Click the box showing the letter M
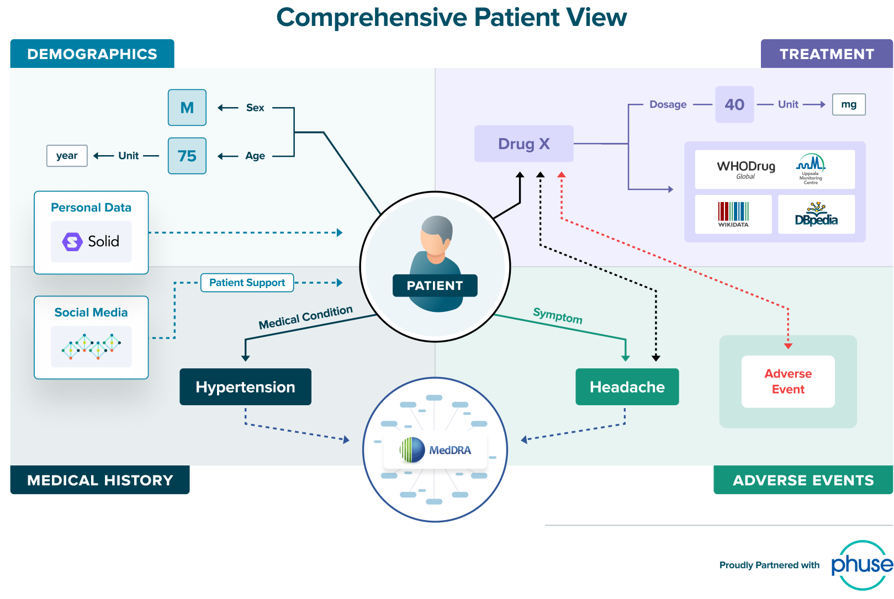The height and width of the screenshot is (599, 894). point(187,108)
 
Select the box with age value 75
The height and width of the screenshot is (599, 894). point(187,156)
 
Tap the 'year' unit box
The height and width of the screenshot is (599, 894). point(67,156)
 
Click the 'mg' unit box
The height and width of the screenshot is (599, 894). point(849,104)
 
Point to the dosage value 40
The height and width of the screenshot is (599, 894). point(734,104)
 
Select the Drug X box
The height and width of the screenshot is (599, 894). point(523,144)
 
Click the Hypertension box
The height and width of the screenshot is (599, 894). point(245,387)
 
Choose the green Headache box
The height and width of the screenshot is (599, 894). point(627,387)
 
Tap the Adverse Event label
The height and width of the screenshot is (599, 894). point(788,381)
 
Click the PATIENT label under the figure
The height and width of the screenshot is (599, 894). point(435,285)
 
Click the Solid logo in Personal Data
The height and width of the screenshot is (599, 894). point(91,242)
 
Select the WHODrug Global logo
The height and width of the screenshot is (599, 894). point(746,169)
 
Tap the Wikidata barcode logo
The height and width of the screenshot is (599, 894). point(733,214)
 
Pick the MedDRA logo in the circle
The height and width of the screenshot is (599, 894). point(436,450)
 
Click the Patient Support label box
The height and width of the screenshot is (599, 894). point(247,283)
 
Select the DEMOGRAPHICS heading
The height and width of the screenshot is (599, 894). point(92,54)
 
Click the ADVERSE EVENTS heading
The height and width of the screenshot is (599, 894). point(803,480)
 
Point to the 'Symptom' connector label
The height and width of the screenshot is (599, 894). point(557,316)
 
